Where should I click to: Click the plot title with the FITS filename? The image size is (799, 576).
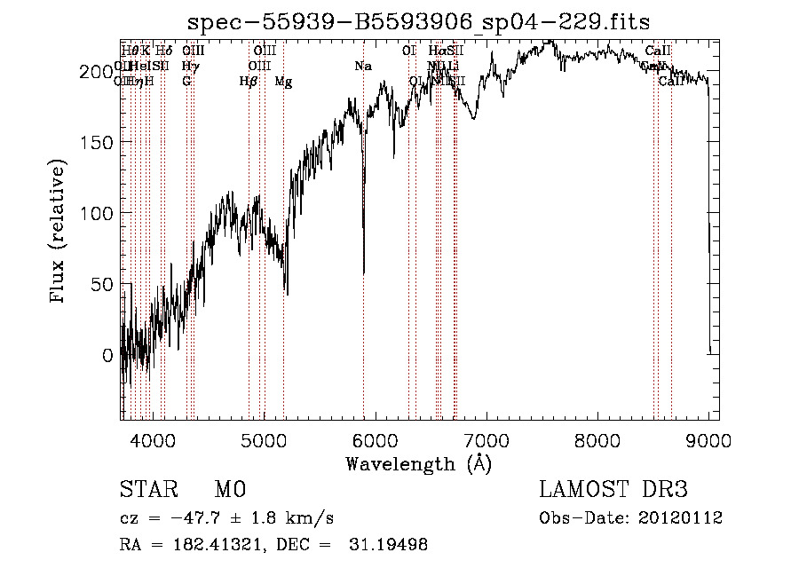(419, 23)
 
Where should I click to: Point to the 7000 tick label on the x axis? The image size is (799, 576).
(487, 439)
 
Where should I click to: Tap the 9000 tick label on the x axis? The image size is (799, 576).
(708, 439)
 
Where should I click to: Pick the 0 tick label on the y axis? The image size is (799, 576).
(107, 355)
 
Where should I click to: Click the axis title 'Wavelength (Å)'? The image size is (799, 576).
(418, 463)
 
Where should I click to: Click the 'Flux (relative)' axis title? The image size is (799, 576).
(59, 233)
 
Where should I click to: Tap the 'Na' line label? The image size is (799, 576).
(362, 67)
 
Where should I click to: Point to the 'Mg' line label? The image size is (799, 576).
(283, 82)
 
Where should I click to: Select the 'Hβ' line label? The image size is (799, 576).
(249, 82)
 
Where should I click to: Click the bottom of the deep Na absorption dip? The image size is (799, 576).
(364, 273)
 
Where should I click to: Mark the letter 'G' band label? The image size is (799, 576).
(186, 82)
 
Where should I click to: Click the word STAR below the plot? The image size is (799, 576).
(147, 490)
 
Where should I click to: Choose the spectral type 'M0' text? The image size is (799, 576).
(229, 490)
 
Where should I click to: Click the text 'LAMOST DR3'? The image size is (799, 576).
(613, 490)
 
